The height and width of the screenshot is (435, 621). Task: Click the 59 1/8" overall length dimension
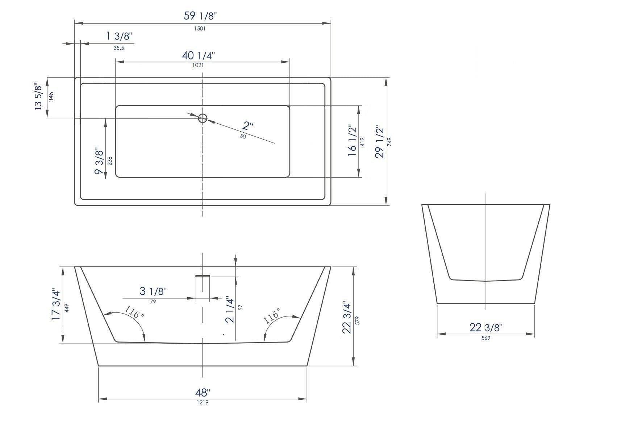click(x=200, y=16)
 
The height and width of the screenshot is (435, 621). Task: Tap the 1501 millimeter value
click(x=200, y=29)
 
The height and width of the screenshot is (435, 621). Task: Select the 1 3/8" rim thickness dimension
click(x=119, y=36)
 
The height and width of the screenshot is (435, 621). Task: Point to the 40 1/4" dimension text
click(x=198, y=55)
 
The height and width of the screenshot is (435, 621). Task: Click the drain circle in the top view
click(x=203, y=118)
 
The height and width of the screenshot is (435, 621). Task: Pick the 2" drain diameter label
click(x=248, y=126)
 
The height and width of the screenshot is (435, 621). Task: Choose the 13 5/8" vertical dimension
click(x=38, y=96)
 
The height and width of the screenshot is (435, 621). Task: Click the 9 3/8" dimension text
click(x=99, y=161)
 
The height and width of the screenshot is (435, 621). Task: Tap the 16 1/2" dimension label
click(x=352, y=141)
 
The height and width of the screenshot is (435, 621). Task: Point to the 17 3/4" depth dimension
click(x=55, y=304)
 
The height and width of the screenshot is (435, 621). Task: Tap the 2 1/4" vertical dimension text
click(x=230, y=309)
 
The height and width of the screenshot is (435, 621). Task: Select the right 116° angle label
click(x=272, y=315)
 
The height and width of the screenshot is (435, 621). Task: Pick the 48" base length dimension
click(x=203, y=392)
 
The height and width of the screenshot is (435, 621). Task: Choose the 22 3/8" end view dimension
click(x=486, y=328)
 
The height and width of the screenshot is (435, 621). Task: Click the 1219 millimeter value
click(x=203, y=402)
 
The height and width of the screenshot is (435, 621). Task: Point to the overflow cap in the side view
click(x=203, y=276)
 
